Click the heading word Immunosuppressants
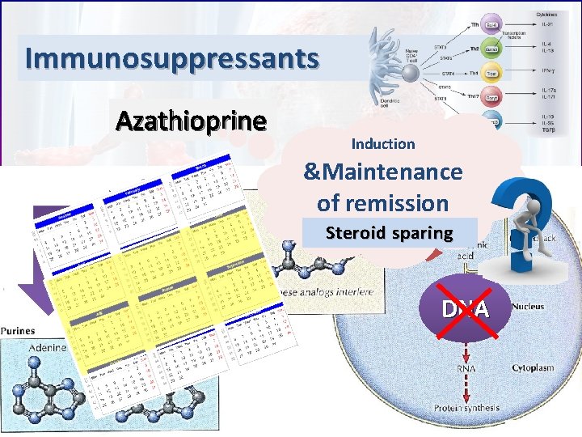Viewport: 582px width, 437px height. [172, 58]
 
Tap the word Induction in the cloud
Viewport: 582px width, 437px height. [382, 143]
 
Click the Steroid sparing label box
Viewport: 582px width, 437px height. [389, 233]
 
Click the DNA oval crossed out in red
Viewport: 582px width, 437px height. [464, 307]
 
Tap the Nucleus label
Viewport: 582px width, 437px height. [528, 307]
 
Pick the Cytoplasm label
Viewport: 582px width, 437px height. [533, 367]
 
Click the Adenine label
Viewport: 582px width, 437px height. [48, 346]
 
